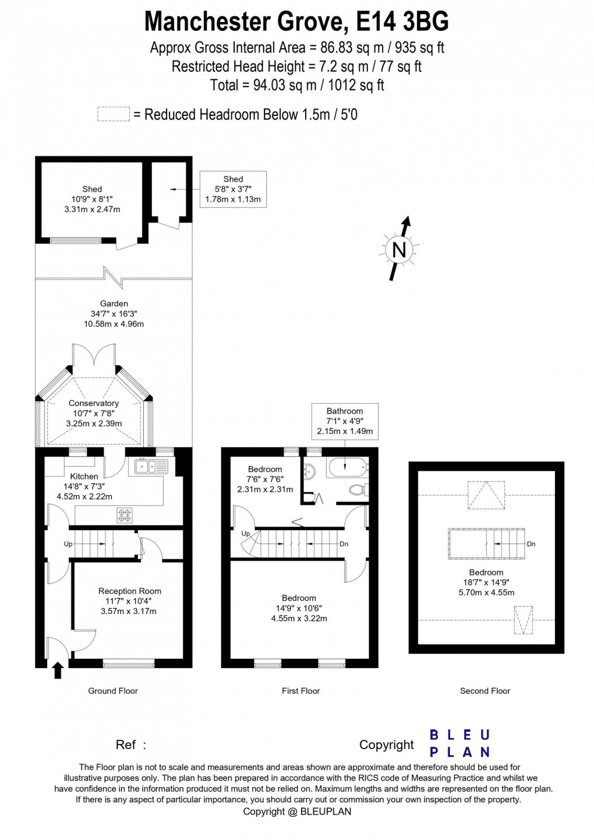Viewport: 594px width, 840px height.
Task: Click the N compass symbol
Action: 399,249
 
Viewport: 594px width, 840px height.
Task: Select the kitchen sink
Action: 150,466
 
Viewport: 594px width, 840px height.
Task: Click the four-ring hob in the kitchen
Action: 125,514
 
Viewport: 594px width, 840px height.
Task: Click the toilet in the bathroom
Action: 356,490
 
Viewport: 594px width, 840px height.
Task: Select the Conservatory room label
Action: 94,403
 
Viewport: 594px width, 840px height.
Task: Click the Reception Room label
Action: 129,591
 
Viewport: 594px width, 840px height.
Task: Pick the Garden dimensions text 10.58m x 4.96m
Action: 114,324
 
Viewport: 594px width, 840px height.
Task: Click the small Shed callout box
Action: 233,189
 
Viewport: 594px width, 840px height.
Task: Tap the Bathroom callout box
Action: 345,421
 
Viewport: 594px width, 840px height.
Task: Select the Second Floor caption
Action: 485,691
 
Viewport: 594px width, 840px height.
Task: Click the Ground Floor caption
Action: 113,691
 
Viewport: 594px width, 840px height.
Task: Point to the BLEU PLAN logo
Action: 459,743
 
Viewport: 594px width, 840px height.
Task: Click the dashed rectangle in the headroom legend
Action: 113,114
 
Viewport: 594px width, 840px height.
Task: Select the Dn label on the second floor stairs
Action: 531,544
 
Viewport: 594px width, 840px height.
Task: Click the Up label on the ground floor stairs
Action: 68,544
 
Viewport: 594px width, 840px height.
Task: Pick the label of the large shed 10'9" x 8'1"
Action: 92,199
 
